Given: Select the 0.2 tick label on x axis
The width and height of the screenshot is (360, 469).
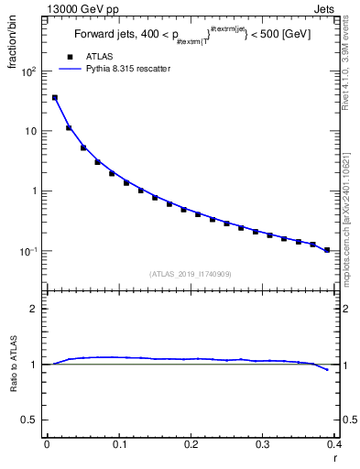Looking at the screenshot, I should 191,444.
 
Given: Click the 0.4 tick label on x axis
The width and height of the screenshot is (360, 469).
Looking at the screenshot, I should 334,444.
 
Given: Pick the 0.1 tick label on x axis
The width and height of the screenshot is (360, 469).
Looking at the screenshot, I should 118,444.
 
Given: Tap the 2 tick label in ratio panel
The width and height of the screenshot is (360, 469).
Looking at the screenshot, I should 36,309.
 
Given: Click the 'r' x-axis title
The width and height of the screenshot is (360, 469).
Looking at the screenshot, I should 333,457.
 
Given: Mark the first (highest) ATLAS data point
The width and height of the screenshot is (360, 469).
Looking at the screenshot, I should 54,97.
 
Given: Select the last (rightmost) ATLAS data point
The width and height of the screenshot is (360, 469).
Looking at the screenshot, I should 327,250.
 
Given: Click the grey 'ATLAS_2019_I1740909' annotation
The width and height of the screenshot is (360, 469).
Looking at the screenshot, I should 191,273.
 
